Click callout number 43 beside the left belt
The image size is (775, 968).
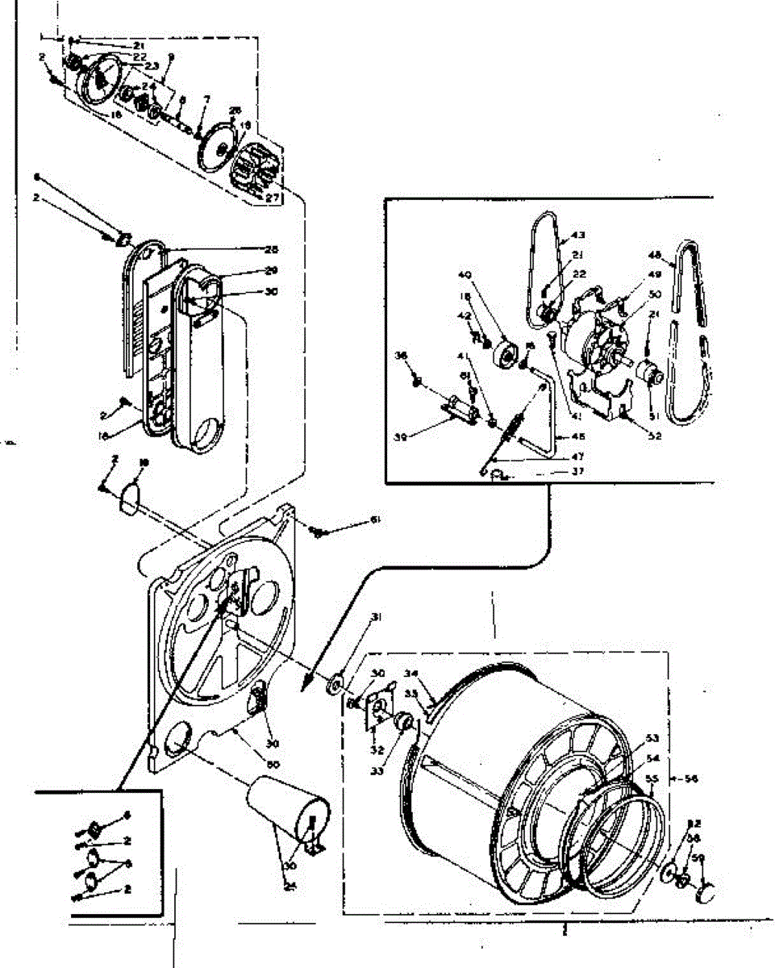(577, 235)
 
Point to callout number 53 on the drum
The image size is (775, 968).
(651, 737)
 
